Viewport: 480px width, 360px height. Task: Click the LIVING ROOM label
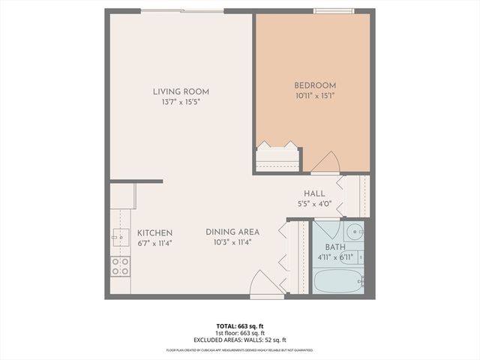(177, 91)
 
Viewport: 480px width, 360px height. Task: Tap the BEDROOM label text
(314, 85)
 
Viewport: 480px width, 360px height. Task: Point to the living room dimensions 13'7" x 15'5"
(177, 102)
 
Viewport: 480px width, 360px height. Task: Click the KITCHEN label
(155, 233)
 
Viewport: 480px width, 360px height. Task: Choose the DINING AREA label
(232, 232)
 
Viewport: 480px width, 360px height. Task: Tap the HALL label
(314, 193)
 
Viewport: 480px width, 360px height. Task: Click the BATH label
(334, 247)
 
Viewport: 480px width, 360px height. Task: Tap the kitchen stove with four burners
(120, 265)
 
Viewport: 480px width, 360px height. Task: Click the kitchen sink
(118, 237)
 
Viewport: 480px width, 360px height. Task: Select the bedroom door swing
(328, 162)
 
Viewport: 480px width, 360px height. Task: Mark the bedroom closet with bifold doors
(277, 157)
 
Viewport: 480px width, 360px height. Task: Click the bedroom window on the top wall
(334, 11)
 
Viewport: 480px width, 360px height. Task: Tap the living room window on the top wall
(182, 11)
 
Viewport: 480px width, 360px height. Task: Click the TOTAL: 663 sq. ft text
(239, 326)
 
